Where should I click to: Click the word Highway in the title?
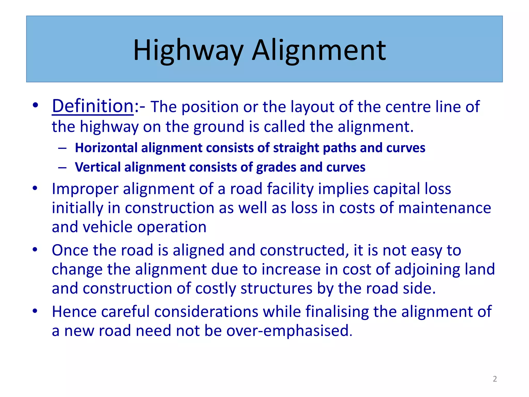pyautogui.click(x=188, y=50)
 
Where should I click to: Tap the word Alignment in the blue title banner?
pyautogui.click(x=319, y=50)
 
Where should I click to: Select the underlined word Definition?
pyautogui.click(x=93, y=106)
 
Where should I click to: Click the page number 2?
pyautogui.click(x=495, y=379)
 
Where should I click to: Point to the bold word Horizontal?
pyautogui.click(x=106, y=148)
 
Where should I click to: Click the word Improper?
pyautogui.click(x=85, y=189)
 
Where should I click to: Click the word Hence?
pyautogui.click(x=74, y=311)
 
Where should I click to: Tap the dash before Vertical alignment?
pyautogui.click(x=62, y=167)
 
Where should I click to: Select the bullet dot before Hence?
pyautogui.click(x=35, y=311)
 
